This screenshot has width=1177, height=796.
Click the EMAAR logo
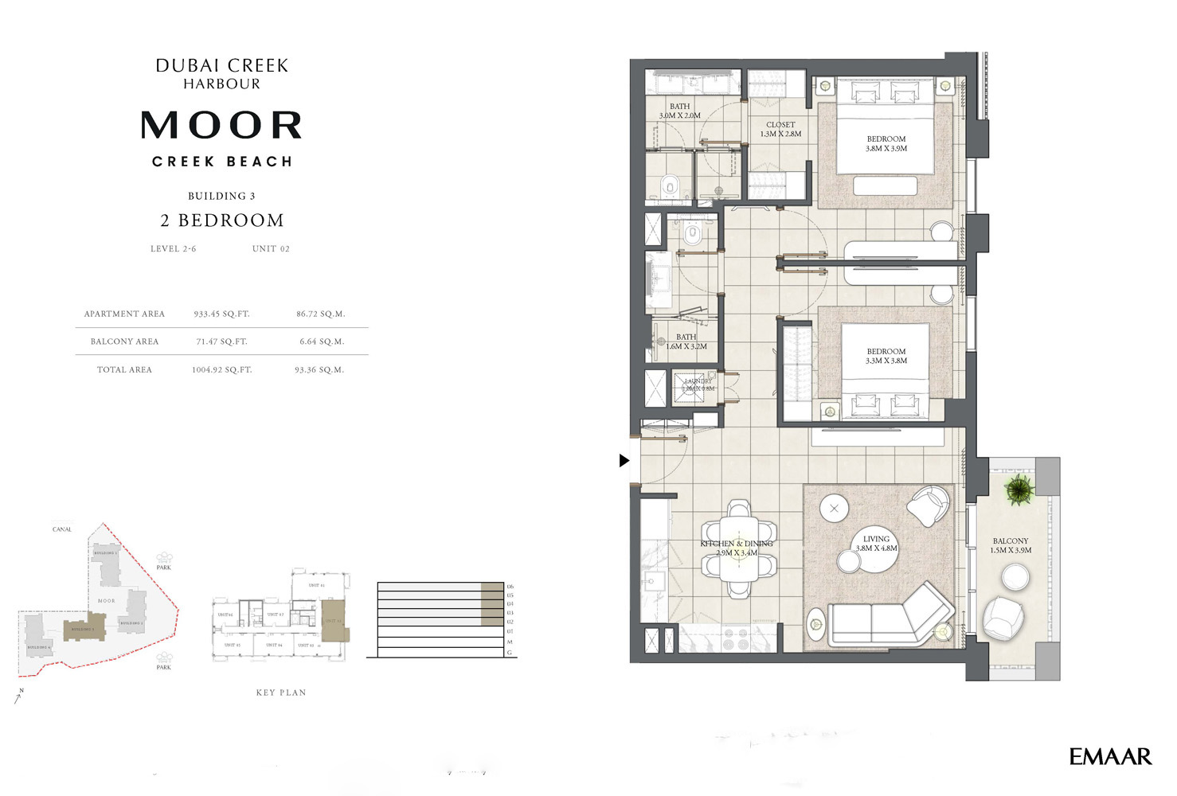click(1110, 756)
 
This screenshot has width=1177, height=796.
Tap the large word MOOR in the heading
click(221, 125)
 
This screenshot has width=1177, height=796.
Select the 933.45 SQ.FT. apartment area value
click(221, 314)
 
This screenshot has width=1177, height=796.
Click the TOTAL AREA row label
click(124, 369)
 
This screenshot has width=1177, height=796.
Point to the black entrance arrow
click(624, 460)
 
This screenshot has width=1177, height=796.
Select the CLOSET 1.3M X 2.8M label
click(780, 129)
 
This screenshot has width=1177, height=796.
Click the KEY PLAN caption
click(281, 693)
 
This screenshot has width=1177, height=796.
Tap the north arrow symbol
click(19, 696)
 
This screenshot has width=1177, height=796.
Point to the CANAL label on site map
click(62, 529)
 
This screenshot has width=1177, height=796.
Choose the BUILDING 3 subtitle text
click(221, 196)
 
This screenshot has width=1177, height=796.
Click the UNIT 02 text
click(271, 248)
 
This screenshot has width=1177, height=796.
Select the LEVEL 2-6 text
click(173, 248)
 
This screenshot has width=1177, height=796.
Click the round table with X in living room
click(834, 508)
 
